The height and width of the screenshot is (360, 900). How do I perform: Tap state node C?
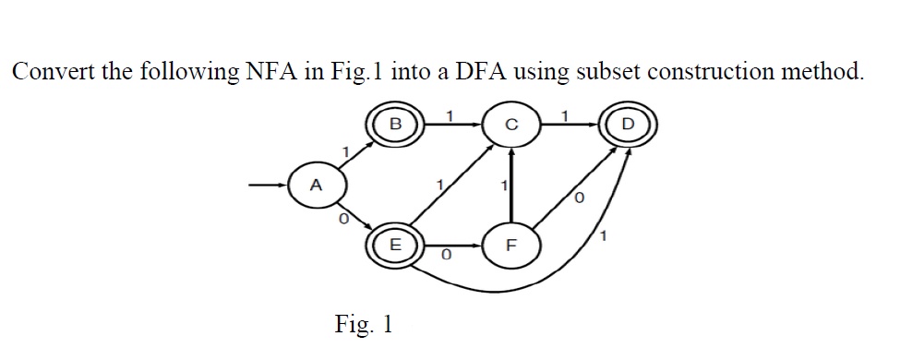(510, 123)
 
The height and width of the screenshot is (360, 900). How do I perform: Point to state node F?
(510, 246)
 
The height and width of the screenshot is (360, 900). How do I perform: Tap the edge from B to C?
(452, 123)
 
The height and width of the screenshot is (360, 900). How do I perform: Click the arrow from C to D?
(567, 123)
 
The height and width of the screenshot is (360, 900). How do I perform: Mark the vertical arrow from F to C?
(510, 185)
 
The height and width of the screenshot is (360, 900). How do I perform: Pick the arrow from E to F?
(452, 246)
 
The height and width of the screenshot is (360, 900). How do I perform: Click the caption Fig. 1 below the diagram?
(364, 324)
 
